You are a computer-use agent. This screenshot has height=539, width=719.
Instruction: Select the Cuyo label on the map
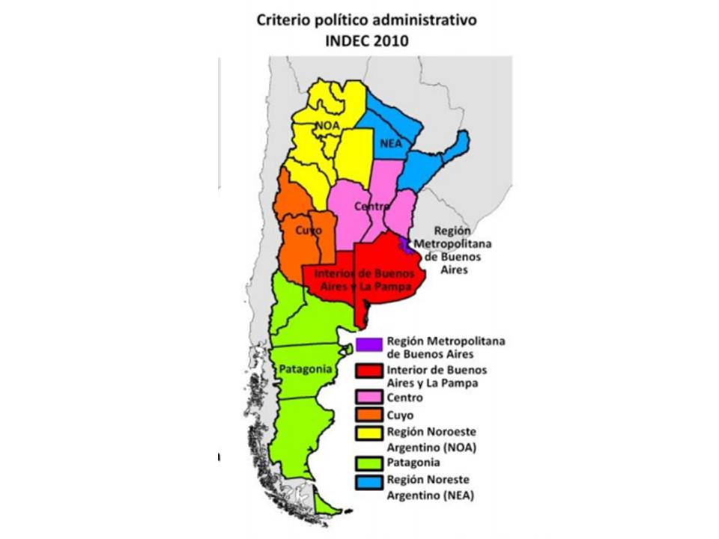tap(308, 230)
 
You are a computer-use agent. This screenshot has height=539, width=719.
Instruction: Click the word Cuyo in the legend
tap(401, 415)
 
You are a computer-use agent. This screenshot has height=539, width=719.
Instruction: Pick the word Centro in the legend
tap(405, 398)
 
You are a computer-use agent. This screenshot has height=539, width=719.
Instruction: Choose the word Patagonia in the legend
tap(413, 462)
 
